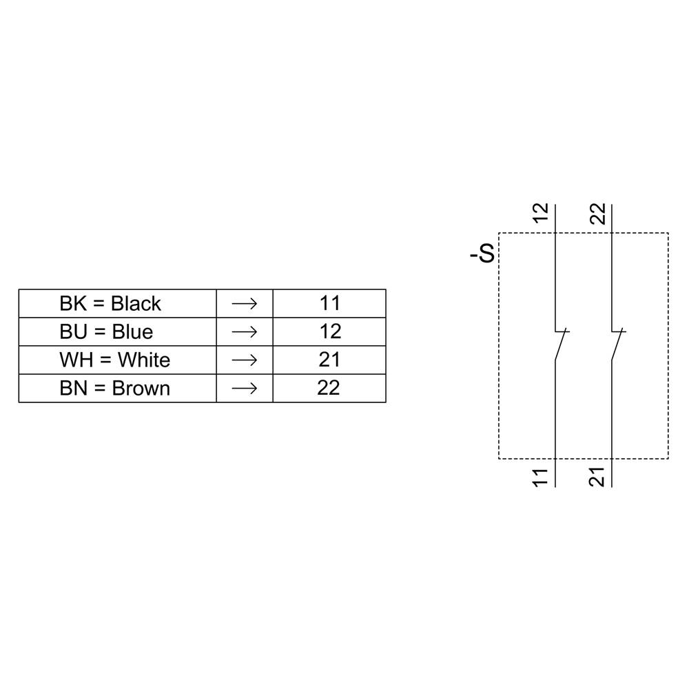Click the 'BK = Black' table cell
pos(110,303)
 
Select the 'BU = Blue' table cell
pos(106,331)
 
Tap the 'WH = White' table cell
pos(114,360)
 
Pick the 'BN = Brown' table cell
pos(114,388)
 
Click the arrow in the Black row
pos(245,303)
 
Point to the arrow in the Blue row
pos(245,331)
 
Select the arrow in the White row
pos(245,360)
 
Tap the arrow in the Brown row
pos(245,388)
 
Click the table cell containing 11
pos(329,303)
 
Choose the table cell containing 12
pos(329,331)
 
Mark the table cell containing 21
pos(329,360)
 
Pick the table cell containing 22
pos(329,388)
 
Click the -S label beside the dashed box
pos(482,254)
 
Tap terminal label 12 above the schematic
pos(542,213)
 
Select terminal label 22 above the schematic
pos(598,213)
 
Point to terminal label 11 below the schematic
pos(542,477)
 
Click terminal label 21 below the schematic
pos(598,477)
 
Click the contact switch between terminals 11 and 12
pos(560,344)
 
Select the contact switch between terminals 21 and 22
pos(617,344)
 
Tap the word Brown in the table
pos(141,388)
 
